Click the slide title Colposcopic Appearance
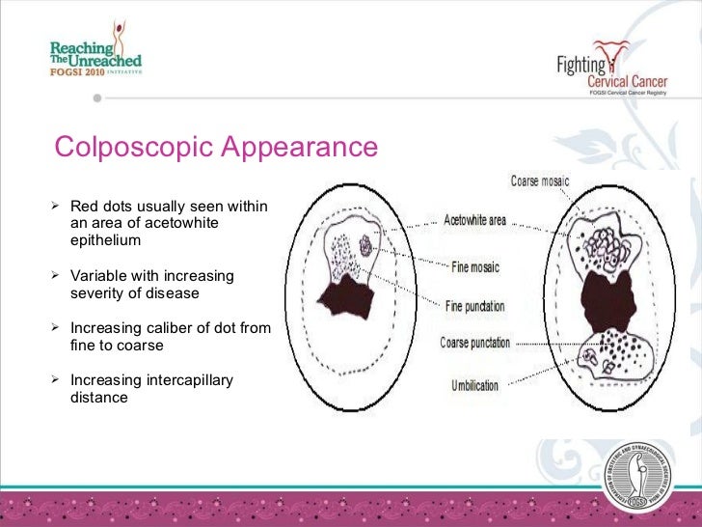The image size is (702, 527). click(216, 148)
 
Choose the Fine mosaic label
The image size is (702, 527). click(474, 266)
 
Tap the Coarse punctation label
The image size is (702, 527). click(475, 343)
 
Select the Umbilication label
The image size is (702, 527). click(474, 385)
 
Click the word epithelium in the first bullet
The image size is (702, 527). click(105, 240)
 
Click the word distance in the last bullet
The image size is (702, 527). click(99, 397)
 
